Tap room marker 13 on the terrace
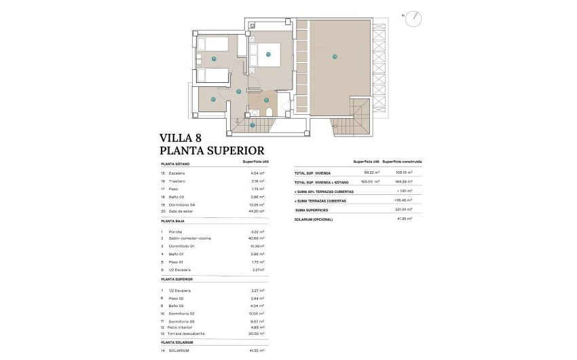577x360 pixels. tap(335, 56)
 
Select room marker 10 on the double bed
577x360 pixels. tap(268, 54)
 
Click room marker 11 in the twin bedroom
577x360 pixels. tap(214, 59)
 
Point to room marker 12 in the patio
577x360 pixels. tap(212, 100)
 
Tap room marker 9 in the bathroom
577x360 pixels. tap(266, 100)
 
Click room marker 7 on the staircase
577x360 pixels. tap(252, 125)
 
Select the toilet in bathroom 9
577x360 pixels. tap(269, 112)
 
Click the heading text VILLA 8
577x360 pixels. tap(181, 138)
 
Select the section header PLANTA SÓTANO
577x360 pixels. tap(175, 164)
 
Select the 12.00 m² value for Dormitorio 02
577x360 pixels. tap(257, 314)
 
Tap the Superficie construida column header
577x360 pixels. tap(402, 162)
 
